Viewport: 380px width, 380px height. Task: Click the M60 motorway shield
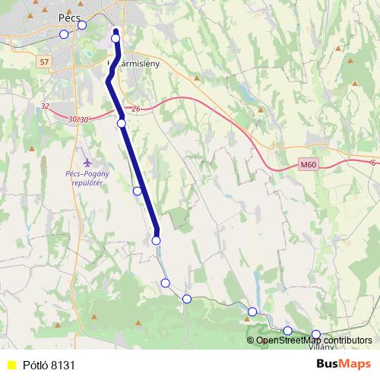(307, 164)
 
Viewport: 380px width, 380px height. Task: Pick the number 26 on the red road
(136, 109)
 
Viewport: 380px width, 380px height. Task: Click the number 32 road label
(46, 106)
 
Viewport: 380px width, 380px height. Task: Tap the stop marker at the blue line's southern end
(157, 240)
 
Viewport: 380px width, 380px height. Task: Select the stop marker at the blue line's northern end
(116, 37)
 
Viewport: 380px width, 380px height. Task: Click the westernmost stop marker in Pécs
(64, 34)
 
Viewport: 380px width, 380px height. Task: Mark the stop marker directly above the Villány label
(316, 334)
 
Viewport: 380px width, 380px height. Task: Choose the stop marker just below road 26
(122, 122)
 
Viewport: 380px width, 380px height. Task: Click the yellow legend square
(11, 366)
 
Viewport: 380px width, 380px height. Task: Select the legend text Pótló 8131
(49, 366)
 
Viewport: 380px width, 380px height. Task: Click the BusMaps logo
(343, 365)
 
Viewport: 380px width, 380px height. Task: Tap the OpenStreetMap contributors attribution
(314, 340)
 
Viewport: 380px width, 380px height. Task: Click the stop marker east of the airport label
(138, 191)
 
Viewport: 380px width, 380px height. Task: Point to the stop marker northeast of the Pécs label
(82, 25)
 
